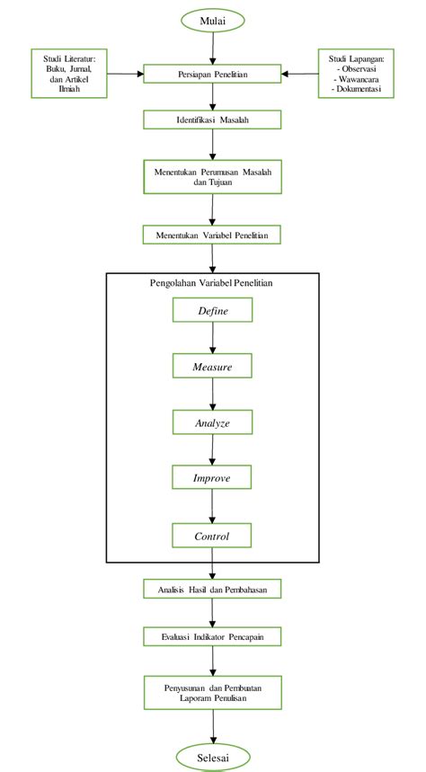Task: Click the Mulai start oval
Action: click(213, 19)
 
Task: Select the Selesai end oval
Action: click(213, 758)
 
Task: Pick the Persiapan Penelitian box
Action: click(213, 74)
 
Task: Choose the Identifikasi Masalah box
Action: click(213, 120)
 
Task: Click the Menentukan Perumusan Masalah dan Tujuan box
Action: click(213, 175)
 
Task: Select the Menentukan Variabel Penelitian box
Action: click(213, 235)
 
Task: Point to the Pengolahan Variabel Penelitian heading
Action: click(212, 283)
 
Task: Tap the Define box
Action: click(213, 311)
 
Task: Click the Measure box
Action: click(213, 367)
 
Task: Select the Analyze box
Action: click(213, 422)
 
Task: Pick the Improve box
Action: click(213, 478)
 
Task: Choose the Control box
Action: click(213, 537)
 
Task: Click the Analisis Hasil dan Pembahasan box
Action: click(213, 590)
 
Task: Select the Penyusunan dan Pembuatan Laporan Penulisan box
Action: click(213, 692)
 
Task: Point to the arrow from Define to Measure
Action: click(213, 339)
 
